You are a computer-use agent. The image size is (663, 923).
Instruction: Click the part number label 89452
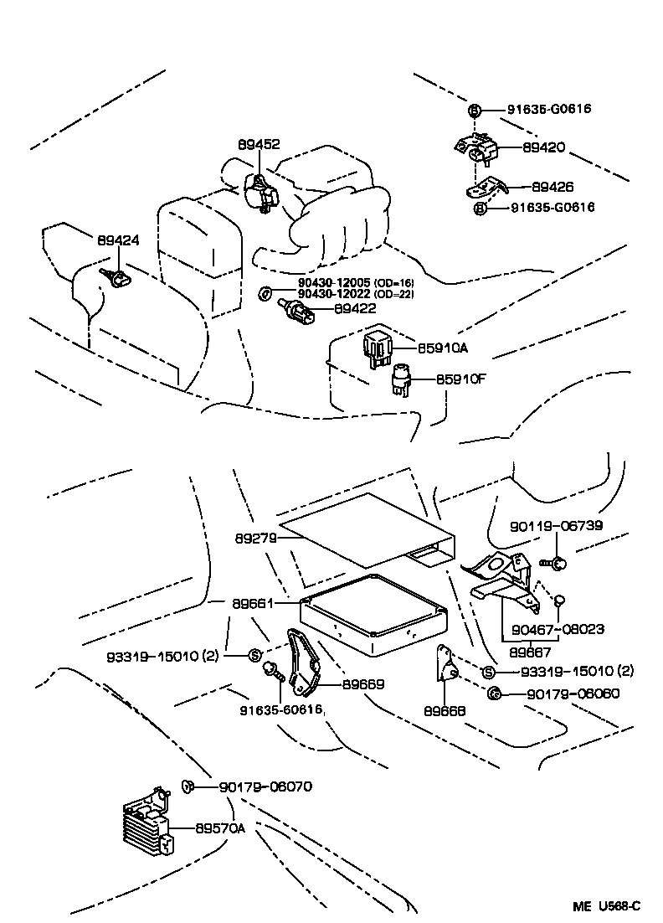tap(259, 144)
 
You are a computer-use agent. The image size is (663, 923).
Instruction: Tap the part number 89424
tap(118, 240)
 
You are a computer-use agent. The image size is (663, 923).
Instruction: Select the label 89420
tap(544, 148)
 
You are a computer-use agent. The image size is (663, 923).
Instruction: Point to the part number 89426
tap(553, 187)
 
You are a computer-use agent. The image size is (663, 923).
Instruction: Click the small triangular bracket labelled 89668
tap(445, 667)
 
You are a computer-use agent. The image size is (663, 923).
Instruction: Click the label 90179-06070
tap(265, 786)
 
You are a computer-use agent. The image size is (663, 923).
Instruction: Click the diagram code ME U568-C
tap(606, 905)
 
